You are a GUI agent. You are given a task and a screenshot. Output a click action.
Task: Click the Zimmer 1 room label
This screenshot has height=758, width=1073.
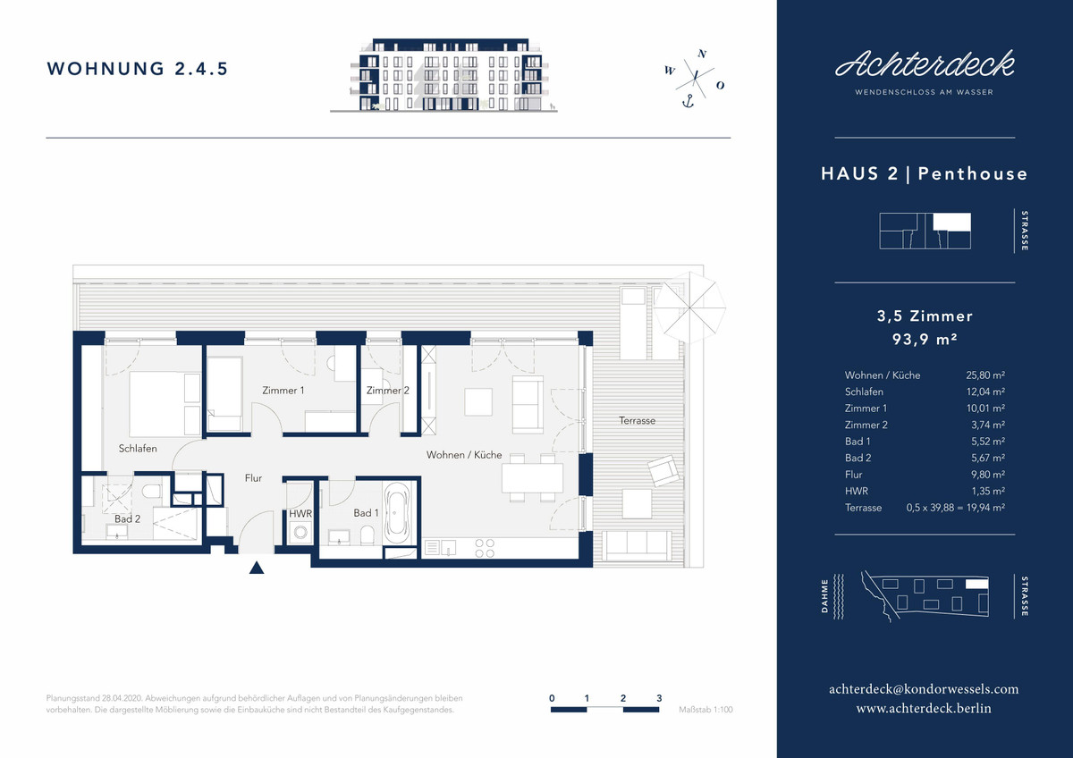click(x=283, y=391)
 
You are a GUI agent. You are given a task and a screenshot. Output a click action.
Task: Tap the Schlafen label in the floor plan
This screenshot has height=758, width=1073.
click(x=138, y=449)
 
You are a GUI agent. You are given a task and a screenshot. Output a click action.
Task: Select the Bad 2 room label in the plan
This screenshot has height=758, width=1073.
click(x=127, y=519)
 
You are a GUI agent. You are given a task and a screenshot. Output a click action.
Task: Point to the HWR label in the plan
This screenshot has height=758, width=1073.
click(x=300, y=514)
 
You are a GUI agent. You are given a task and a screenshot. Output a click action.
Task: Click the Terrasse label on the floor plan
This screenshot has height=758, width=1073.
click(x=637, y=420)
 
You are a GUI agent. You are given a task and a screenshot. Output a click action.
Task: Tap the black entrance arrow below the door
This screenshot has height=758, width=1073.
click(x=257, y=568)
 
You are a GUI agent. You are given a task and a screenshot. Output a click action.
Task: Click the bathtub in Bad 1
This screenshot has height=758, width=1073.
click(x=397, y=513)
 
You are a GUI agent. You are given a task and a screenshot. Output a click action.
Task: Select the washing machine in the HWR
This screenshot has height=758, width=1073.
click(x=300, y=532)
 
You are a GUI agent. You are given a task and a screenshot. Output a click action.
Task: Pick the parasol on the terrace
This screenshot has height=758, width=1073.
click(x=689, y=307)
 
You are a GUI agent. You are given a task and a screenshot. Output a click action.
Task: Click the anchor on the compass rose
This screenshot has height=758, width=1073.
click(x=689, y=101)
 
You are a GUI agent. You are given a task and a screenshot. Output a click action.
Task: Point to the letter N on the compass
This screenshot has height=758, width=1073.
click(x=702, y=54)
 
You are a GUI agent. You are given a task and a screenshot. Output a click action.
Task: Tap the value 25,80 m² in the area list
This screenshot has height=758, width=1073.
click(x=985, y=375)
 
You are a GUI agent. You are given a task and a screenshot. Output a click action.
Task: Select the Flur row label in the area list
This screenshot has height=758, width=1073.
click(x=854, y=475)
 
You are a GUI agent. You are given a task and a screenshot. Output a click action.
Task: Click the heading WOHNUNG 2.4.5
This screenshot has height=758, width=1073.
click(x=138, y=69)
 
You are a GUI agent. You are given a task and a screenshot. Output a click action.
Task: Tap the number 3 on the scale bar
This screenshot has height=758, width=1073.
click(x=659, y=698)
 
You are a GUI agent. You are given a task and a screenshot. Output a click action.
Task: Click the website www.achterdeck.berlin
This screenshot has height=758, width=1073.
click(x=924, y=708)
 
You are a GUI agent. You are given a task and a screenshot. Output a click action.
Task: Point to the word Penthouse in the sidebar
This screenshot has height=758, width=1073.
click(x=973, y=173)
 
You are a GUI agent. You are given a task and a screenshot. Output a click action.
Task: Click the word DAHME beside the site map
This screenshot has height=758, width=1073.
click(x=824, y=596)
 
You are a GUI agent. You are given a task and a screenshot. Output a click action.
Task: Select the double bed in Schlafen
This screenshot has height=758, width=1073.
click(x=165, y=404)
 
